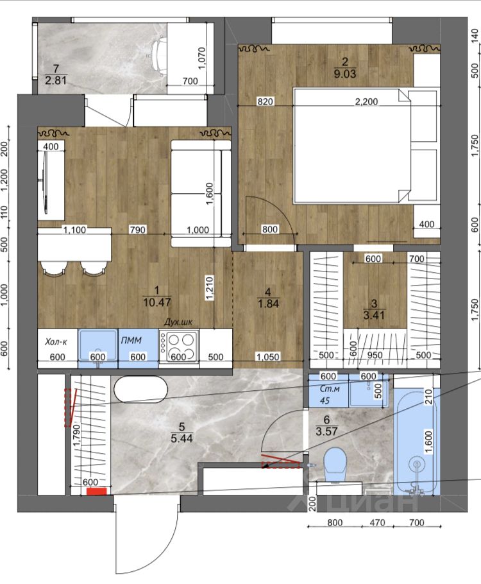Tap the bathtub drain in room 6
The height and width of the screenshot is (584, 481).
[x=417, y=464]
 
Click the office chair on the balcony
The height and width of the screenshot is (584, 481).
[x=156, y=56]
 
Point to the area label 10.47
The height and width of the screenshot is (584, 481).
[x=156, y=302]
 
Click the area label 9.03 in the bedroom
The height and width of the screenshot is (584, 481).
[x=345, y=74]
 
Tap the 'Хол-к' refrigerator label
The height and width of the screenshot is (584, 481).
[x=56, y=341]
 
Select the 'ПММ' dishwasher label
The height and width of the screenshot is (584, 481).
[x=131, y=339]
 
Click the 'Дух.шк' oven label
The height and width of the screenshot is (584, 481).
[x=179, y=322]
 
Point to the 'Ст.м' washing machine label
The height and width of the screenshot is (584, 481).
[x=330, y=388]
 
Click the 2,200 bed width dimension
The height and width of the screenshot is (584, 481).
[x=366, y=101]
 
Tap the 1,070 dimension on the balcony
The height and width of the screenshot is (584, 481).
[x=201, y=58]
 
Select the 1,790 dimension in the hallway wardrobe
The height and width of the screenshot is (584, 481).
[x=77, y=434]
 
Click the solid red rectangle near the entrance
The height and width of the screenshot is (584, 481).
[x=97, y=492]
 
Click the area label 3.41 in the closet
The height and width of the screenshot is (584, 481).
[x=374, y=315]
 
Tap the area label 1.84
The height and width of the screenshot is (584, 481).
[x=268, y=304]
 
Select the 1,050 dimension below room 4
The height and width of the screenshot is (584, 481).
[x=267, y=357]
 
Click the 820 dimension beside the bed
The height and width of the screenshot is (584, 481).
[x=265, y=101]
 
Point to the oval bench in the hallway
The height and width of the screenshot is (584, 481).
[x=141, y=389]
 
